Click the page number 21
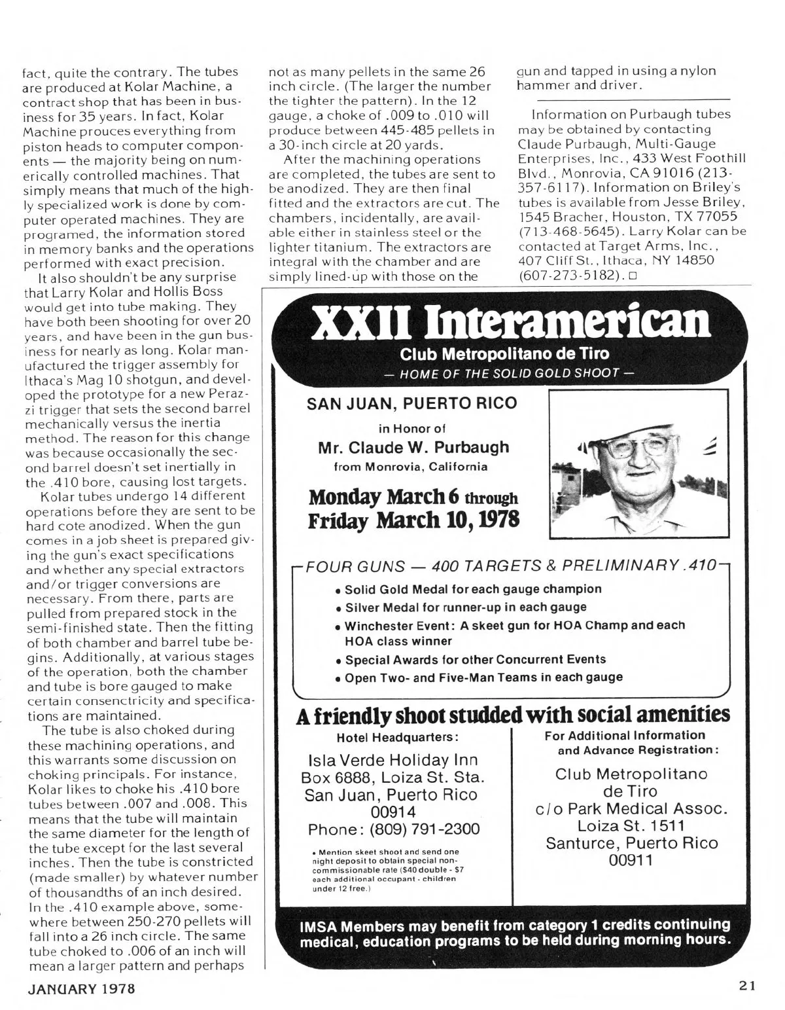pos(748,986)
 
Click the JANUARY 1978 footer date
pos(81,988)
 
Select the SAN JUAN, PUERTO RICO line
pos(412,403)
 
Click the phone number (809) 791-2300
pos(425,829)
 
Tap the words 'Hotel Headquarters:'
pos(396,737)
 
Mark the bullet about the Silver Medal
pos(464,607)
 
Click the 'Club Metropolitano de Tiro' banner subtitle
pos(504,354)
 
